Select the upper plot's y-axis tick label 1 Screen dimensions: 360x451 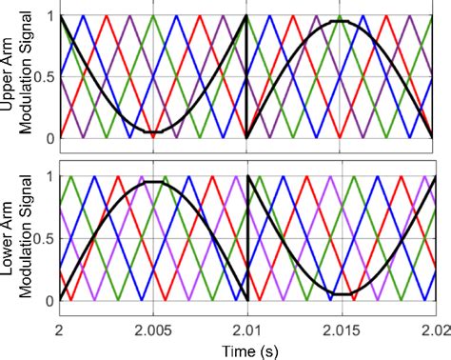point(48,17)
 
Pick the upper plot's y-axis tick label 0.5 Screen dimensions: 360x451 point(41,77)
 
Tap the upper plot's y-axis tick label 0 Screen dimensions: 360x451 point(48,138)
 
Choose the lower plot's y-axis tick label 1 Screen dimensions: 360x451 point(48,177)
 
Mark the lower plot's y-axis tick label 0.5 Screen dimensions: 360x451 point(41,239)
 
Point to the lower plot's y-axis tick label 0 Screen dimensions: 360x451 point(48,300)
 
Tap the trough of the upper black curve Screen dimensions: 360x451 point(152,131)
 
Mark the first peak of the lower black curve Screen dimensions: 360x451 point(152,182)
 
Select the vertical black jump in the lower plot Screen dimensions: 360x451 point(247,238)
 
